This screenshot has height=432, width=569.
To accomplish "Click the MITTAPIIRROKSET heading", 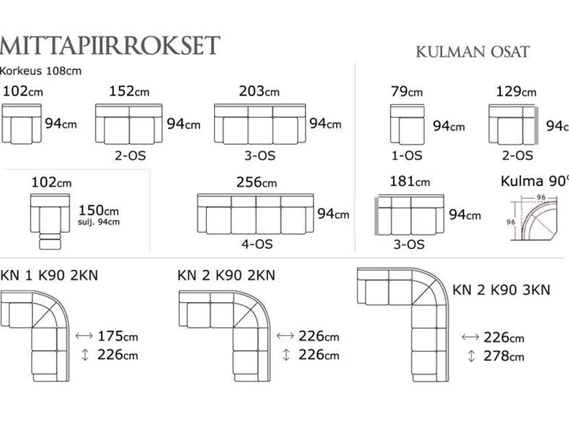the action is tap(110, 45).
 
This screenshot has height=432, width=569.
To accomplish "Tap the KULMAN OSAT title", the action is tap(472, 52).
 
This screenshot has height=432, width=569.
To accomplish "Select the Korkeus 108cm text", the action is tap(40, 71).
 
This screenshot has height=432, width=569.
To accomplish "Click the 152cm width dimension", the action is tap(129, 91).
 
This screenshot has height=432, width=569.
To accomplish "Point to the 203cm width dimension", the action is tap(259, 91).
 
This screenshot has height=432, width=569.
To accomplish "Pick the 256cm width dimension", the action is tap(256, 182).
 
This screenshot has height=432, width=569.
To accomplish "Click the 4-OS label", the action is tap(257, 244).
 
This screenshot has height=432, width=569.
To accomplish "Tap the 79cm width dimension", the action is tap(407, 91).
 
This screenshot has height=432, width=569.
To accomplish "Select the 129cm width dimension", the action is tap(516, 91).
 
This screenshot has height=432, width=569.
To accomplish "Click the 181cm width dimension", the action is tap(409, 181).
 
